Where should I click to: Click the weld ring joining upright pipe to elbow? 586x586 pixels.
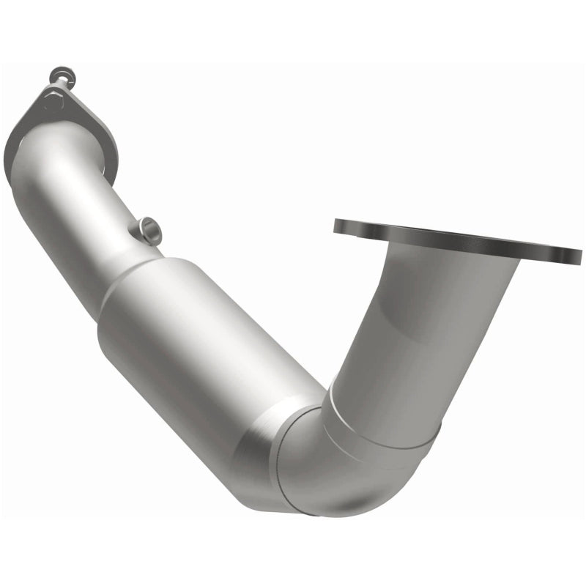point(381,425)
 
